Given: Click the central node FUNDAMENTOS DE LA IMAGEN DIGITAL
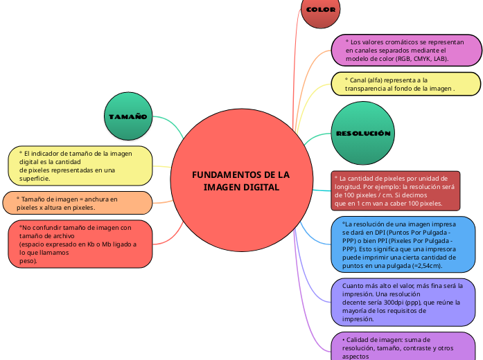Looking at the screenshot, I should [240, 181].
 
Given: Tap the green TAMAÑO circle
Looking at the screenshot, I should [128, 116].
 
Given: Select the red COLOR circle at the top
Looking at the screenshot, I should [320, 11].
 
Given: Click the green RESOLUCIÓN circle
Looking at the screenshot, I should [363, 133].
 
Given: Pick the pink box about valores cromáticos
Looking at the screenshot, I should [406, 51].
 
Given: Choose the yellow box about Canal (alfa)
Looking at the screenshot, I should [405, 84].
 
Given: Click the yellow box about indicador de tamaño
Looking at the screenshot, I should [80, 165].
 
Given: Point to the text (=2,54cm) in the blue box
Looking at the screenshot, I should [426, 266].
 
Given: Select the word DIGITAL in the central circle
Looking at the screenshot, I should [263, 188].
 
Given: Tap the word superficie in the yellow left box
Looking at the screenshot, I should [34, 179].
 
